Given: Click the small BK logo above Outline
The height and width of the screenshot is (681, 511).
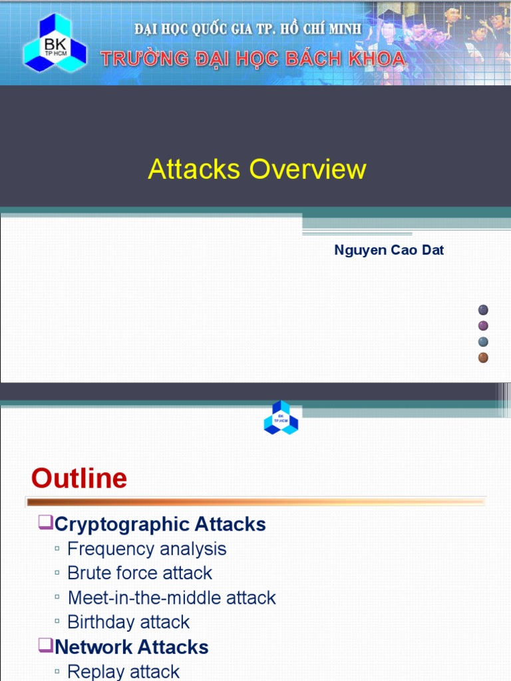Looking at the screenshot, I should [281, 418].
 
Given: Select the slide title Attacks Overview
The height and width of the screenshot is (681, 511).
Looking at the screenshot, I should [257, 169].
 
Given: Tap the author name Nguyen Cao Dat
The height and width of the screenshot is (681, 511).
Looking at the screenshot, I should [389, 251].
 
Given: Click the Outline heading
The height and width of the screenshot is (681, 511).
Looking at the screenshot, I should [79, 478].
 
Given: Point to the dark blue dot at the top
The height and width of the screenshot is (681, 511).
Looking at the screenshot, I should [484, 310].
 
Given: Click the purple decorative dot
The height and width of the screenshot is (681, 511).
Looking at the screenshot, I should [484, 326].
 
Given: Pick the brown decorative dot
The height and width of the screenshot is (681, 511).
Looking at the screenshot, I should [484, 358].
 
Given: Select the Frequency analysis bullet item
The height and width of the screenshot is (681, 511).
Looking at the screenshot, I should [146, 549].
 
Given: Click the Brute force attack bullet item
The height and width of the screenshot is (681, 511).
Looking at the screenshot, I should [140, 573].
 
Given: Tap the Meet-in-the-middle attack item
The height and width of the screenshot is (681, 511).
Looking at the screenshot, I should [172, 597].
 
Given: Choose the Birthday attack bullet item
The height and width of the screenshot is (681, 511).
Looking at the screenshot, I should [128, 622].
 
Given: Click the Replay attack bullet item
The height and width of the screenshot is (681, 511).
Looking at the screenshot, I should [123, 671].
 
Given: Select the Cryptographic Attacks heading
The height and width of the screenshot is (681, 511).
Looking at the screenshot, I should [160, 524].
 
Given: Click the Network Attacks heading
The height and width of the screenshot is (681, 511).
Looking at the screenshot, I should [132, 646].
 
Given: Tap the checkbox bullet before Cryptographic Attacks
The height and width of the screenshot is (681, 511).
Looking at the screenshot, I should [45, 523].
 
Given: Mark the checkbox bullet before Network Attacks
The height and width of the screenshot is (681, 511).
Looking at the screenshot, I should [45, 645].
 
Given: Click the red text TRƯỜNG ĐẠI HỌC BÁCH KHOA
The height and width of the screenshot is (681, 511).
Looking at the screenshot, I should [253, 59].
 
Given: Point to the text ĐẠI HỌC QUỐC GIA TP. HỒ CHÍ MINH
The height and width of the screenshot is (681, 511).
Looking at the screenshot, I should [248, 29].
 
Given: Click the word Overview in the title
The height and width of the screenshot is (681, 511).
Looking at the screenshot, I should [307, 169].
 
